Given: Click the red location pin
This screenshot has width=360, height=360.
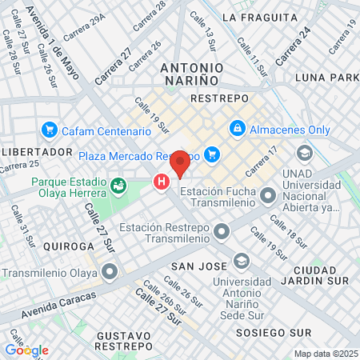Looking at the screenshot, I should (x=180, y=162).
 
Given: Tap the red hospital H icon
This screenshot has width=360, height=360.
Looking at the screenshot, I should (x=162, y=182).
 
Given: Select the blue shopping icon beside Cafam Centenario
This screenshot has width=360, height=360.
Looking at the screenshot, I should (x=50, y=130).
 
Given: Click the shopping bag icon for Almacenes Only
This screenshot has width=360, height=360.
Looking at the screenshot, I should (x=238, y=128).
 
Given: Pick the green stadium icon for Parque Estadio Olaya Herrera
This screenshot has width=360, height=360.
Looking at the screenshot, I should (x=119, y=186).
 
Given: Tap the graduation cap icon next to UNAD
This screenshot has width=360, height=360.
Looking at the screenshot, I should (x=304, y=152).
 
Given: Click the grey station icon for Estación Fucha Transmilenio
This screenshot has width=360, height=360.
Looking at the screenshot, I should (x=268, y=194).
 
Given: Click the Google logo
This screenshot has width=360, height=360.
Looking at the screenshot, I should (x=26, y=350).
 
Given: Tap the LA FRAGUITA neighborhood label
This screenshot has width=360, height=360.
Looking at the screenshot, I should (x=252, y=16).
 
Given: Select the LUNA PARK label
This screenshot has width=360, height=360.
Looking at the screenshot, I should (x=326, y=78).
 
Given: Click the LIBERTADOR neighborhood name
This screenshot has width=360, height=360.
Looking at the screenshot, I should (x=38, y=151).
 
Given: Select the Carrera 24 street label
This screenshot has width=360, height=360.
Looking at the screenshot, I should (x=293, y=46).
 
